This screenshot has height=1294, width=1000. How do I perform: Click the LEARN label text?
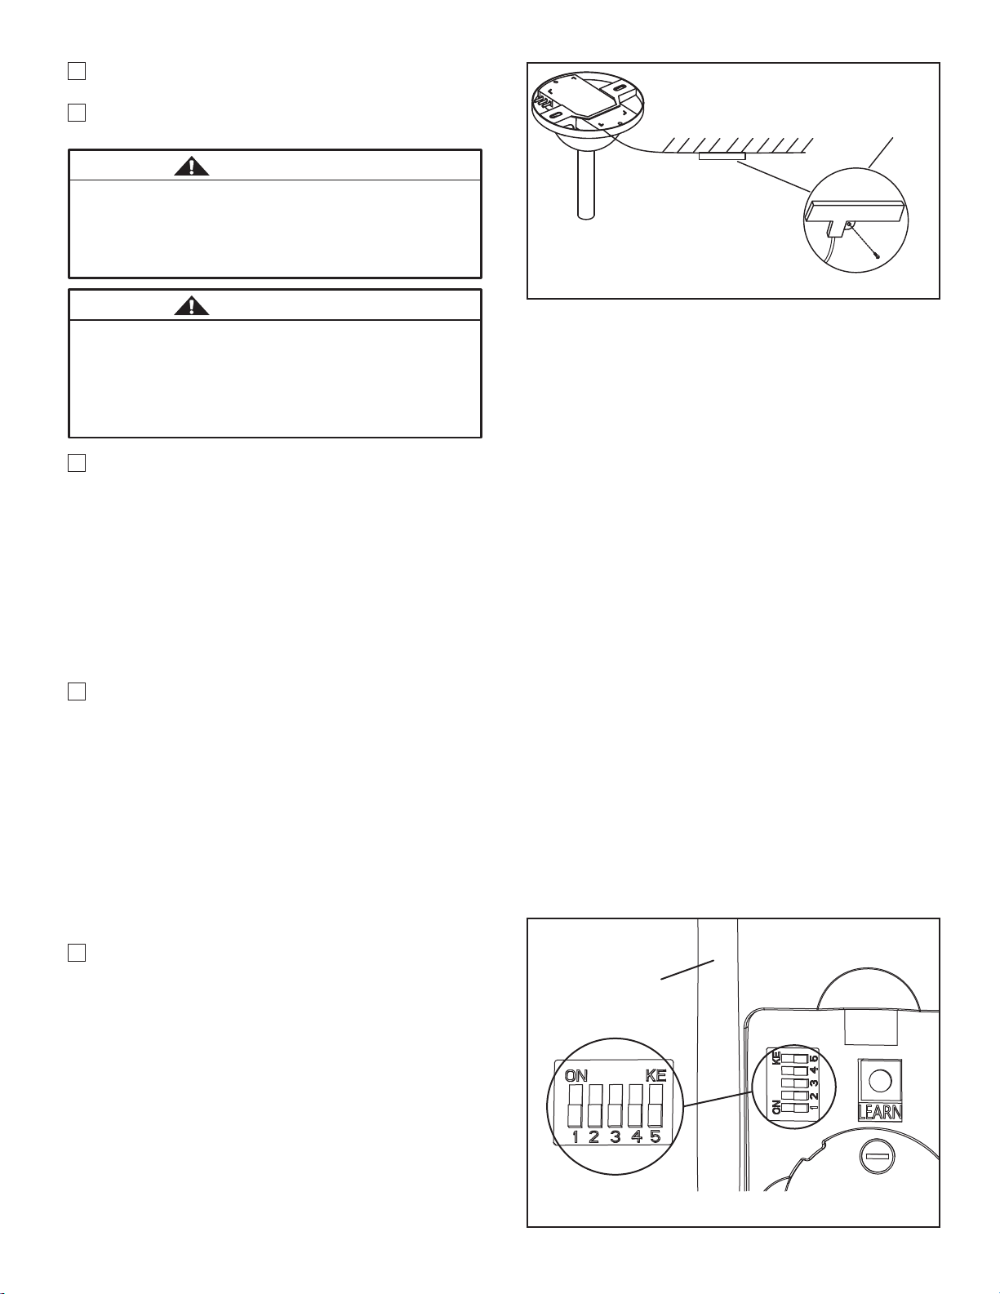click(x=880, y=1112)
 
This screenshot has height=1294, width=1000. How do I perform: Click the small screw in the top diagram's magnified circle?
click(x=878, y=254)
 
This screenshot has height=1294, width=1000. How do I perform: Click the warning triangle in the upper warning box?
click(x=192, y=166)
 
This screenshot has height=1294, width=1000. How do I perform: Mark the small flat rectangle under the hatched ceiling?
click(x=722, y=156)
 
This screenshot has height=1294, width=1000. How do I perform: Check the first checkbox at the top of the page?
click(x=76, y=71)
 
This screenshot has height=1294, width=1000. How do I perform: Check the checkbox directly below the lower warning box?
click(x=76, y=463)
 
